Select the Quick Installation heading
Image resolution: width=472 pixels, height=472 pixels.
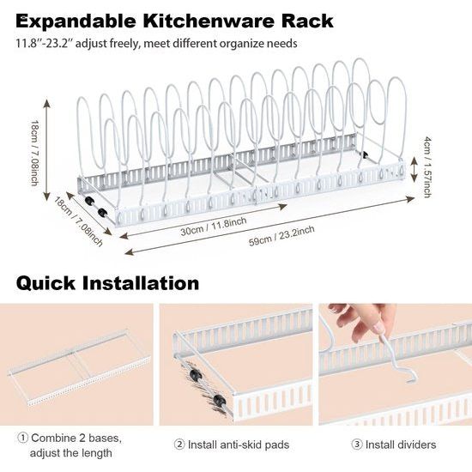[x=107, y=282]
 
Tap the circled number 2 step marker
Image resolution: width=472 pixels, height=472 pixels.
[x=179, y=445]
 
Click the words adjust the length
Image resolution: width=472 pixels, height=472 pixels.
[x=70, y=452]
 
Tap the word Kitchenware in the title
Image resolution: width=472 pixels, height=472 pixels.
[x=203, y=20]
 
